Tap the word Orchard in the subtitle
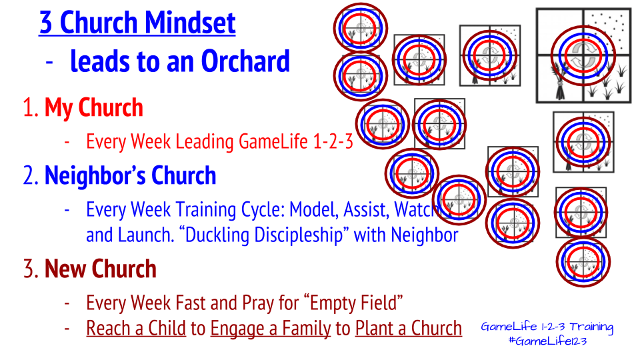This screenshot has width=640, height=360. click(245, 61)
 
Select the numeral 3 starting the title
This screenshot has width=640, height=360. click(46, 23)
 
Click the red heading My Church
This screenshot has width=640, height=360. click(94, 108)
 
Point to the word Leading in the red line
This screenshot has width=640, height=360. click(205, 141)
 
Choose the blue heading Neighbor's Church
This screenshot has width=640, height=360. click(130, 175)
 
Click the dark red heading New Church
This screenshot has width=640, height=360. click(101, 269)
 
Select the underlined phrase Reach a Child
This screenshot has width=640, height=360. click(136, 328)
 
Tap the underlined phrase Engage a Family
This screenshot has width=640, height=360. click(271, 329)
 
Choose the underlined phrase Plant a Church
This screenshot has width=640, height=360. click(409, 328)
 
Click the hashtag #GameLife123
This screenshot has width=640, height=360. click(547, 341)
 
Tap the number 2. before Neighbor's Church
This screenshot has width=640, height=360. click(31, 175)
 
